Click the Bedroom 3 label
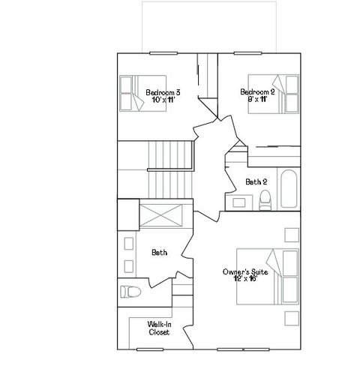(x=163, y=92)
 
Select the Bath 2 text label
(x=256, y=181)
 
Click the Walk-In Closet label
(x=158, y=327)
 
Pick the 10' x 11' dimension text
(x=163, y=100)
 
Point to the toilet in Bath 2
(x=264, y=199)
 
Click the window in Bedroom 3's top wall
(x=160, y=52)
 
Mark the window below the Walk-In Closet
(x=149, y=349)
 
